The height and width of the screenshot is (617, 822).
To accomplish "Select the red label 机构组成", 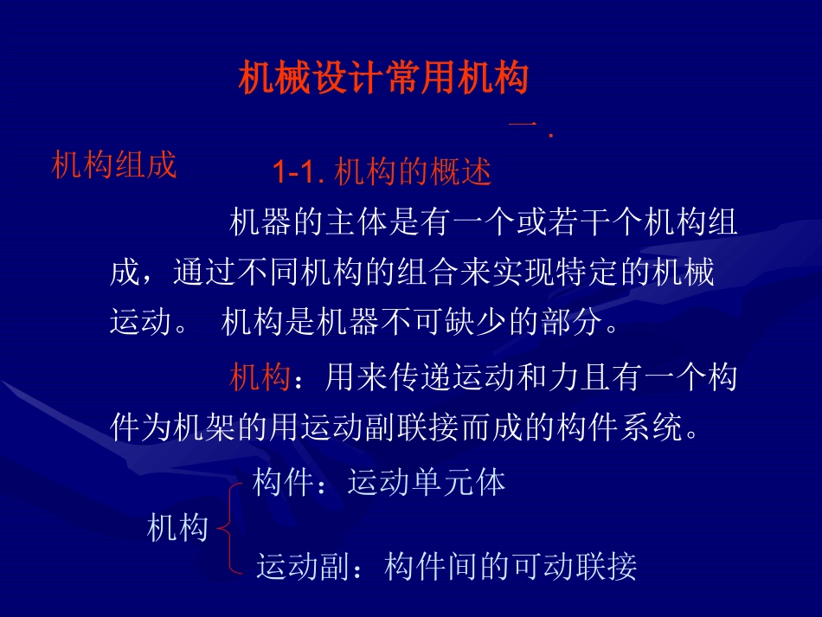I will click(113, 164).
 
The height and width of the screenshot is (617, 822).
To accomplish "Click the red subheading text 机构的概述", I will click(412, 173).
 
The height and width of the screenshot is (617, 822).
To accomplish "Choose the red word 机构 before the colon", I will click(259, 378).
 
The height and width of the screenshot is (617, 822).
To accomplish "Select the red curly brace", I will click(227, 527).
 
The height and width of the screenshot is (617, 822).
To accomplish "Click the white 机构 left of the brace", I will click(178, 528).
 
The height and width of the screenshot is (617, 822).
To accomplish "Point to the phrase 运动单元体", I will click(426, 482).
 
